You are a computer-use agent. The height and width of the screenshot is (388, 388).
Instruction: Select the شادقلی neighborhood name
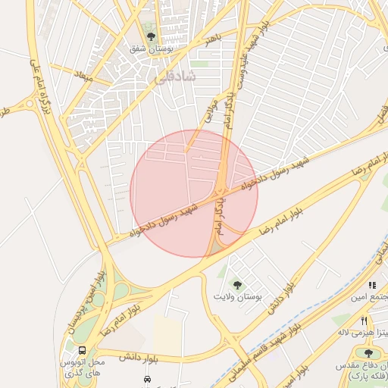(x=175, y=77)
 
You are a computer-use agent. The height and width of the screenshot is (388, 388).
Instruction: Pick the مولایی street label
(x=211, y=108)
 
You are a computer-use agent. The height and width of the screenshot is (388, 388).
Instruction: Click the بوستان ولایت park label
(x=237, y=297)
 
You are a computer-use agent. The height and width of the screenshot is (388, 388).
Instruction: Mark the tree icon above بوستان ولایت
(x=237, y=286)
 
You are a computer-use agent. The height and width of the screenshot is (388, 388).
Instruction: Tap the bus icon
(x=82, y=350)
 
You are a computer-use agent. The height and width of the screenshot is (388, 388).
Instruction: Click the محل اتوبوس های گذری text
(x=82, y=368)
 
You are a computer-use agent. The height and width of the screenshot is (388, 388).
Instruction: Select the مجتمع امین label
(x=368, y=296)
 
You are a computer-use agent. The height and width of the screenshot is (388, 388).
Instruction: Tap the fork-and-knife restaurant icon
(x=365, y=321)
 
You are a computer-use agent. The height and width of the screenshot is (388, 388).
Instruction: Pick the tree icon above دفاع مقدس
(x=368, y=353)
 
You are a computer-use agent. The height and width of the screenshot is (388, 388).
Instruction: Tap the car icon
(x=145, y=379)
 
